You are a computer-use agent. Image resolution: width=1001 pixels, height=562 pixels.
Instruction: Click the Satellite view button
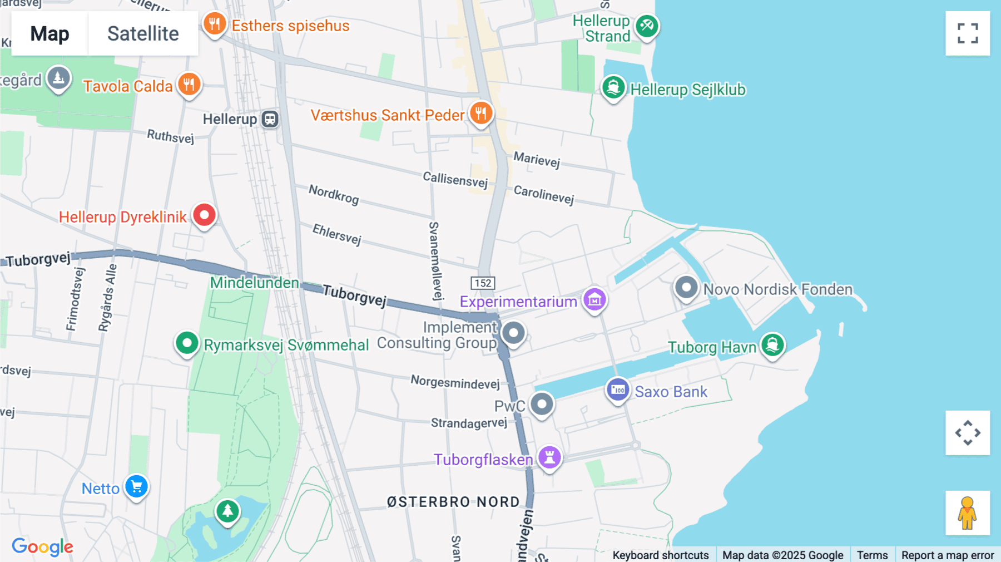(x=143, y=33)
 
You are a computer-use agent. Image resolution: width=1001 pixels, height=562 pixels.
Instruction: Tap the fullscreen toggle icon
(x=968, y=33)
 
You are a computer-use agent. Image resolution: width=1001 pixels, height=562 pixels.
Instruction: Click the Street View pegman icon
(x=968, y=513)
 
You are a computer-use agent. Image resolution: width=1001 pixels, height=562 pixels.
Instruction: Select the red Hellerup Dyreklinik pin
(x=204, y=215)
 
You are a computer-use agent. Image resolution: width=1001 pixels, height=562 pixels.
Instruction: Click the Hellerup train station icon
(x=270, y=119)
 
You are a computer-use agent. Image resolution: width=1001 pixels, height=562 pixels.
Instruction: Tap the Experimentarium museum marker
(x=594, y=300)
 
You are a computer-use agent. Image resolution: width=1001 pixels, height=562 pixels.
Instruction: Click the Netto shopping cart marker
(x=136, y=487)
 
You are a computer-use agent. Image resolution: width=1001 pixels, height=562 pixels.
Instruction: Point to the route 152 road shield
(x=483, y=283)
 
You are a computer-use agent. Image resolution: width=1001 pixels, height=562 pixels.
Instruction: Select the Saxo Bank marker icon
(x=618, y=390)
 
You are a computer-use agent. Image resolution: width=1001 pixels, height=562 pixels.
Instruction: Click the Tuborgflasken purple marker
(x=549, y=457)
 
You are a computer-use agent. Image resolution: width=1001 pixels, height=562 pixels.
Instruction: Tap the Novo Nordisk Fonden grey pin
(x=686, y=288)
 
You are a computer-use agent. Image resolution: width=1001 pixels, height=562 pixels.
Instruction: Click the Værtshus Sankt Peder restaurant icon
(x=481, y=114)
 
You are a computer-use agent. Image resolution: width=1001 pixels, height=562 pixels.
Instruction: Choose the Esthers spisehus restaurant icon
(x=215, y=24)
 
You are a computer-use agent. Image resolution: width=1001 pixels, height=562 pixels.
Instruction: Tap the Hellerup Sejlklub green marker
(x=613, y=88)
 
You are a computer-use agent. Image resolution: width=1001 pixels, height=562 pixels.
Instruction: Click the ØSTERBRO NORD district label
(x=453, y=502)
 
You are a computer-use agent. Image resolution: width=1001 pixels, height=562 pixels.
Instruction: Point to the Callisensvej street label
(x=455, y=179)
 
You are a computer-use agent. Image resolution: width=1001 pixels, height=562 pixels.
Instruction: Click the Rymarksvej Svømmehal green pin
(x=187, y=343)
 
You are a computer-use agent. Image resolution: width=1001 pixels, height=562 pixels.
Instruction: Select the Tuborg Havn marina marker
(x=772, y=345)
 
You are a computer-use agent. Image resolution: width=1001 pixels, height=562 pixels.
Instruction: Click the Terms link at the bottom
(x=872, y=555)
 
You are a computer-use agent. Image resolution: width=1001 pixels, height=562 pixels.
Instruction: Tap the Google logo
(x=42, y=546)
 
